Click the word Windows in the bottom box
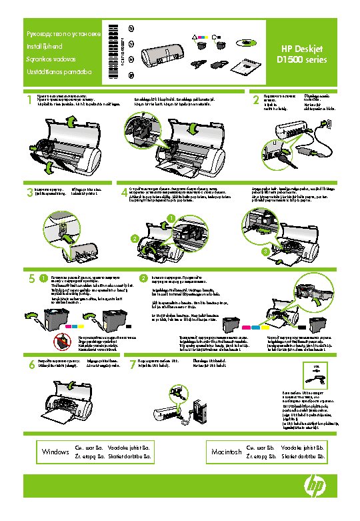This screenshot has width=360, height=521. tap(55, 452)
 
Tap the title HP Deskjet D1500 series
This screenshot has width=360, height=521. tap(302, 53)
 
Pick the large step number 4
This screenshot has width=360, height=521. tap(124, 193)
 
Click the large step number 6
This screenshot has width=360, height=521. tap(31, 365)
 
